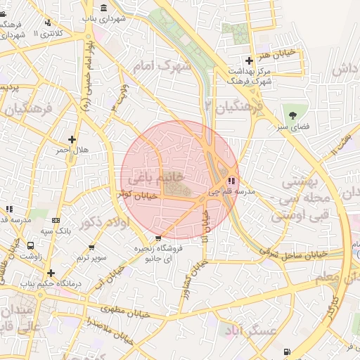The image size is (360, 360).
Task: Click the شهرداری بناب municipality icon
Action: pyautogui.click(x=104, y=8)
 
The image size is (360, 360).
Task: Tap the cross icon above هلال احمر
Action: pyautogui.click(x=72, y=139)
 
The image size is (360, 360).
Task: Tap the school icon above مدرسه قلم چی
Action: pyautogui.click(x=233, y=181)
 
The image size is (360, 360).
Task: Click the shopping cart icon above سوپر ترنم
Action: pyautogui.click(x=92, y=247)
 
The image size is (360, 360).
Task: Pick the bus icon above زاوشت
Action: pyautogui.click(x=30, y=246)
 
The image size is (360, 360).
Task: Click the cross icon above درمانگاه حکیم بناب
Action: pyautogui.click(x=51, y=273)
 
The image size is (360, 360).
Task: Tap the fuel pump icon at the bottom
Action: pyautogui.click(x=286, y=352)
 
